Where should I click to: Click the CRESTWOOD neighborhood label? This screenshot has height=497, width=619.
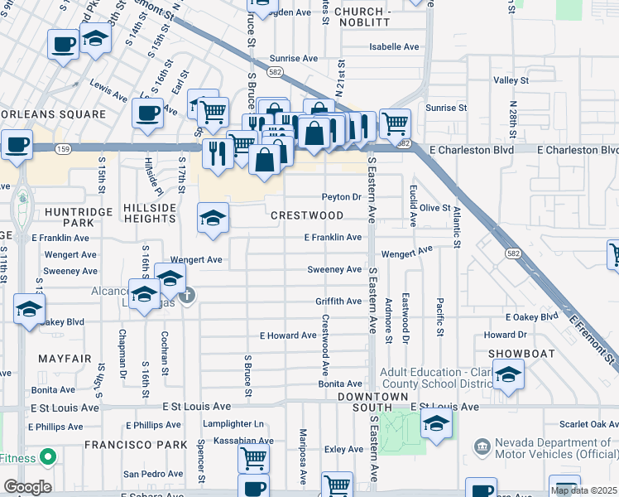point(307,215)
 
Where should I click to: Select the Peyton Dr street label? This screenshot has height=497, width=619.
point(342,197)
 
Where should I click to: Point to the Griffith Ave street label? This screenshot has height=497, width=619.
point(338,302)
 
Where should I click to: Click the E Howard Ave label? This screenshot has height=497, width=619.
point(288,335)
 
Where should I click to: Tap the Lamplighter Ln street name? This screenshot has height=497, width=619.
point(233,424)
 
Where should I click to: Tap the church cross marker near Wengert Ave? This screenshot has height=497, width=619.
point(188,294)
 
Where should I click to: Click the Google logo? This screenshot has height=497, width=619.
point(27,487)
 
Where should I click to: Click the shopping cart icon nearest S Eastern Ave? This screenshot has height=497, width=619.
point(395,124)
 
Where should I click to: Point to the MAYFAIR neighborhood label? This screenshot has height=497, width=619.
point(62,359)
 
